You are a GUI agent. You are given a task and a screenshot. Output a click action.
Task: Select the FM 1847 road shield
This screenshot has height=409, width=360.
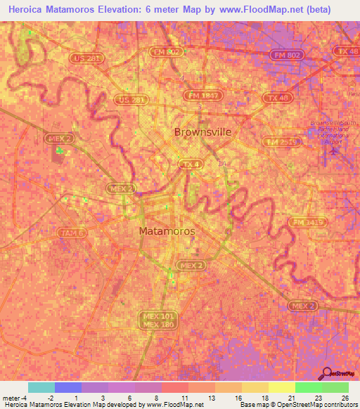pyautogui.click(x=202, y=95)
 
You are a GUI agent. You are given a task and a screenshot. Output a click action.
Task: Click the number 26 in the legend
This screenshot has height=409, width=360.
pyautogui.click(x=345, y=398)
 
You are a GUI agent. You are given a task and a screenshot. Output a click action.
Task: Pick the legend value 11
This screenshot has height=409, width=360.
pyautogui.click(x=184, y=398)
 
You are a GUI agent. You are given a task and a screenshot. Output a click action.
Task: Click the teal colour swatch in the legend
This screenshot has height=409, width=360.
pyautogui.click(x=41, y=387)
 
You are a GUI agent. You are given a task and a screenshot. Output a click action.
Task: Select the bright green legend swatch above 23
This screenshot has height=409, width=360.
pyautogui.click(x=308, y=387)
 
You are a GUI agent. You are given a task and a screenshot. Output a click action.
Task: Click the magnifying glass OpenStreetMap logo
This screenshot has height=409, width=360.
pyautogui.click(x=327, y=373)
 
